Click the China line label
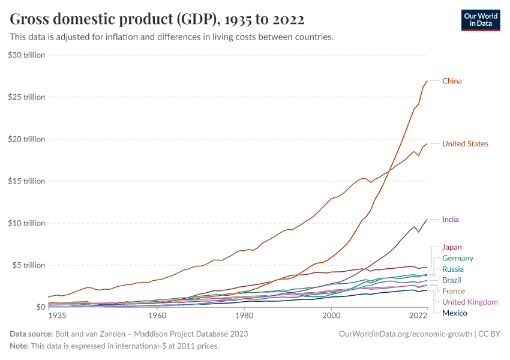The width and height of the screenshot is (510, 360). [x=452, y=81]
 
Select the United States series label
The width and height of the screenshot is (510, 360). [x=465, y=144]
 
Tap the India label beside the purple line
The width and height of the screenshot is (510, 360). [x=450, y=220]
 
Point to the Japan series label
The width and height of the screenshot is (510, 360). [x=452, y=247]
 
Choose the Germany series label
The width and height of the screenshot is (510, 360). [x=458, y=258]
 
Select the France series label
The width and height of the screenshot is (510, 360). [x=454, y=291]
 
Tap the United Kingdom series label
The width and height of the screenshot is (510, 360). [x=470, y=302]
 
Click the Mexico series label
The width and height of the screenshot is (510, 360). [x=454, y=313]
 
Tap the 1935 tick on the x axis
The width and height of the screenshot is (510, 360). [x=58, y=315]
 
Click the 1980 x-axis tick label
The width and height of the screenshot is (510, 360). [x=244, y=315]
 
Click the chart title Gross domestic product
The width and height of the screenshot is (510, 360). [x=157, y=20]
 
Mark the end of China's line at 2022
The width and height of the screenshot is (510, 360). [x=427, y=81]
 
